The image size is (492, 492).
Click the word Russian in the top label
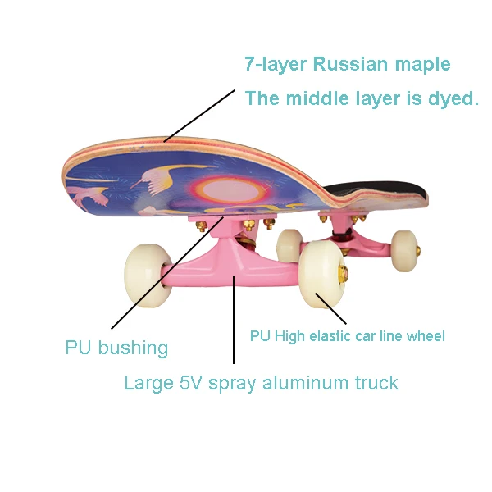(342, 64)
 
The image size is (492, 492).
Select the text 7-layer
(275, 64)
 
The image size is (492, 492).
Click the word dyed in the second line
(452, 98)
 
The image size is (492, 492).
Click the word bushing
(134, 348)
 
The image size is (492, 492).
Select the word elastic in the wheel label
(330, 336)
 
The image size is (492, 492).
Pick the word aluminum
(303, 383)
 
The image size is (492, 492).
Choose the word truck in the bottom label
(373, 383)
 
